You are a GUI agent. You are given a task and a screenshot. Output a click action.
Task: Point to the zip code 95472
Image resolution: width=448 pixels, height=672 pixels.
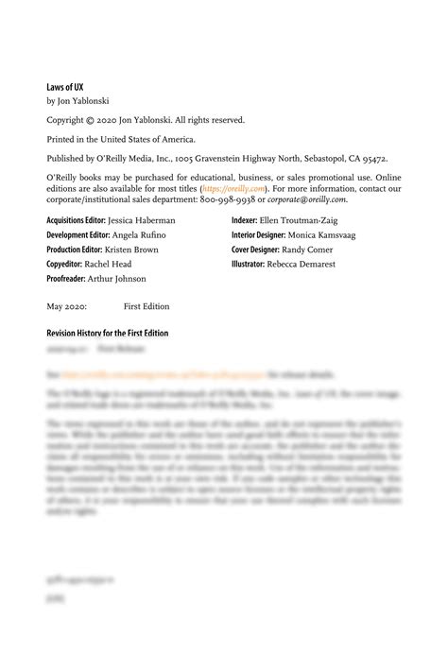(x=369, y=160)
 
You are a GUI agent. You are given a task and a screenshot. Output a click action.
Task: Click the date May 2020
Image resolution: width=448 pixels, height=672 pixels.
(x=67, y=307)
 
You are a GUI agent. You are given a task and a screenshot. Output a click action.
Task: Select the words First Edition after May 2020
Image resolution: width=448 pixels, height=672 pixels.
(x=146, y=307)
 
